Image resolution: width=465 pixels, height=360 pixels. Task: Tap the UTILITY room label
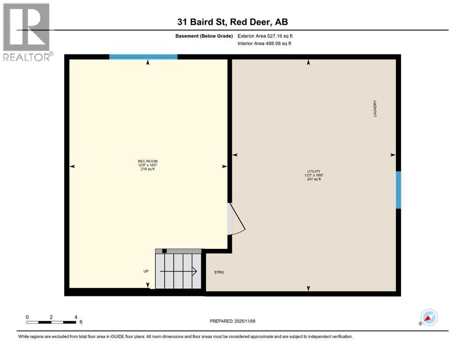coord(313,172)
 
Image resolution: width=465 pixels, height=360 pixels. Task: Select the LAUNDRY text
coord(375,109)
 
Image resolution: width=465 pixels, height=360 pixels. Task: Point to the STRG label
coord(219,272)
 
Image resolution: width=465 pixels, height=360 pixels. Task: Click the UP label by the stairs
coord(146,271)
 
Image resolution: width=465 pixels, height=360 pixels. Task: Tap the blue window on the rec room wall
coord(143,57)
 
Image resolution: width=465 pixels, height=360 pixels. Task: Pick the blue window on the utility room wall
coord(399,190)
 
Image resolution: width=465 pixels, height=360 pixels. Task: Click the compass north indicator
coord(428,318)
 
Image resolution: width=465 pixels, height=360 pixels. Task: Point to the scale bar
coord(52,322)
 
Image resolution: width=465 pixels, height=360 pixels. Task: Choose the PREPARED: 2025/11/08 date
coord(232,321)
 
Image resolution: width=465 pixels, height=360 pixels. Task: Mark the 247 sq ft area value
coord(313,179)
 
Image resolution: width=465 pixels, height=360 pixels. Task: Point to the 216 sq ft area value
coord(148,169)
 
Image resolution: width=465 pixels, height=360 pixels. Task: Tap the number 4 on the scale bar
coord(76,317)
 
